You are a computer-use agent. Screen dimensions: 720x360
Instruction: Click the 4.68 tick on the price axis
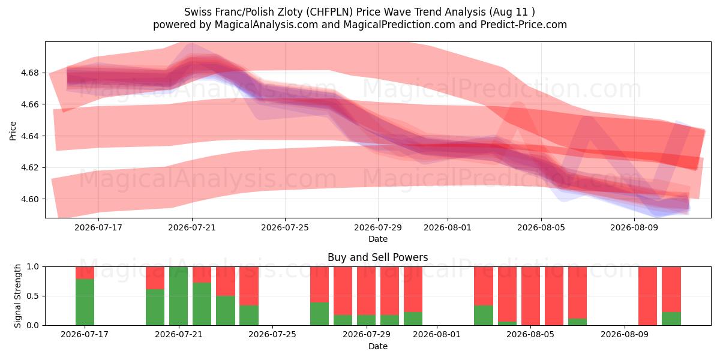tap(29, 73)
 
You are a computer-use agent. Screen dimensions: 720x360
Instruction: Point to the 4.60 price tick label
tap(29, 199)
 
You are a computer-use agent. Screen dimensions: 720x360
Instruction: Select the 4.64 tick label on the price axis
tap(29, 136)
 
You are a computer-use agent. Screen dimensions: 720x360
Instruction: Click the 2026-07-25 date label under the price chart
tap(285, 227)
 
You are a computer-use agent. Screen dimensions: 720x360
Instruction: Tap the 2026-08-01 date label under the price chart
tap(448, 227)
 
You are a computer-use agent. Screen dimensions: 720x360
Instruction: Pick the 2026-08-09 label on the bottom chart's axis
tap(625, 334)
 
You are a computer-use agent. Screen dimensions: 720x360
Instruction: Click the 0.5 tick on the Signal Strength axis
tap(33, 296)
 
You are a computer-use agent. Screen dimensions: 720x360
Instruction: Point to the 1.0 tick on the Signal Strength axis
tap(33, 266)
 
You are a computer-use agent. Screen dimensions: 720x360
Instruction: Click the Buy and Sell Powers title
tap(377, 257)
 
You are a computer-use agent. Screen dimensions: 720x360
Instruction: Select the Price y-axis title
tap(13, 131)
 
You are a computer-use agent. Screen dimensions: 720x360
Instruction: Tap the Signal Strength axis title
tap(17, 296)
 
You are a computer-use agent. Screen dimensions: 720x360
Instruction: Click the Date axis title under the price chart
tap(378, 239)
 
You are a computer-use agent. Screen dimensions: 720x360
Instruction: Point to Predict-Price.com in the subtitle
tap(524, 25)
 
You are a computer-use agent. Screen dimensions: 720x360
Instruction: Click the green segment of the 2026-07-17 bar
tap(85, 302)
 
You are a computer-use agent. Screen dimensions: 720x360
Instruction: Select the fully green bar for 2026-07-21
tap(178, 296)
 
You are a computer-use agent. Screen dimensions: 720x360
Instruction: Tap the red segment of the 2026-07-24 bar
tap(249, 286)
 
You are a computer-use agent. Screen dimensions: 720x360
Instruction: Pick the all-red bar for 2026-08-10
tap(647, 296)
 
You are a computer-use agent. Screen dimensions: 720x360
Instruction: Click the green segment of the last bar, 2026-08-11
tap(671, 319)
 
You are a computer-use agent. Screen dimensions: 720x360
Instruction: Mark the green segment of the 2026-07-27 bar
tap(319, 314)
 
